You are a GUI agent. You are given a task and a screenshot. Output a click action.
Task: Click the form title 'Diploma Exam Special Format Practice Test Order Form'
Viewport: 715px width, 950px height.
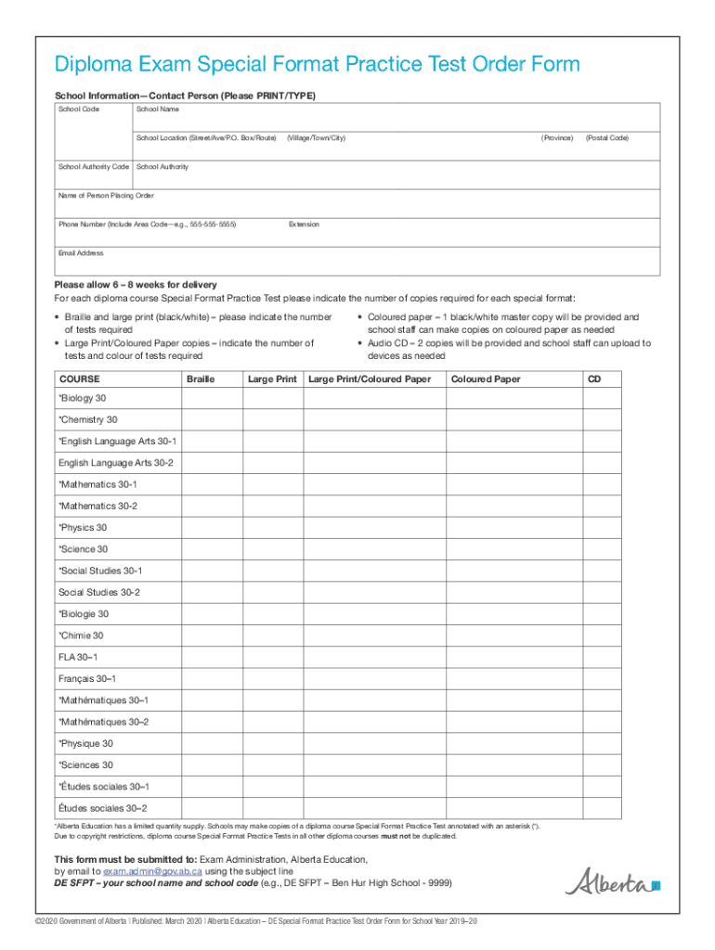[317, 64]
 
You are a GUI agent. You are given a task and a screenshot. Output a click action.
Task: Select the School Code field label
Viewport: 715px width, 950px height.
[79, 109]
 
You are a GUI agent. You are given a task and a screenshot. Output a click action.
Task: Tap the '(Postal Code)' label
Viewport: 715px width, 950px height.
[606, 138]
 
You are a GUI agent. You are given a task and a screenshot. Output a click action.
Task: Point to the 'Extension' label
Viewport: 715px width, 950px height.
[304, 225]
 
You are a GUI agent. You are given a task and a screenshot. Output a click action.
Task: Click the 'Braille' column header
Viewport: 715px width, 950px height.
[201, 379]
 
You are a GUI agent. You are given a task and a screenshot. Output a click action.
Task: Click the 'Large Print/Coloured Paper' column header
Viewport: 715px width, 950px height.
[370, 379]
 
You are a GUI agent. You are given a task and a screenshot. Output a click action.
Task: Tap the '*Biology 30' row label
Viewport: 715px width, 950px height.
[83, 399]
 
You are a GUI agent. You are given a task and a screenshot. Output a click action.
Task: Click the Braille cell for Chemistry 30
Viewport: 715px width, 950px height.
[211, 420]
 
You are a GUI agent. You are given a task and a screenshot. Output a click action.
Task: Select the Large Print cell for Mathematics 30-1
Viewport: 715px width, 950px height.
[272, 484]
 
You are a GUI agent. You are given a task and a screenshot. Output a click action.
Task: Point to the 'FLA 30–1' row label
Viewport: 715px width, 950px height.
[78, 657]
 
